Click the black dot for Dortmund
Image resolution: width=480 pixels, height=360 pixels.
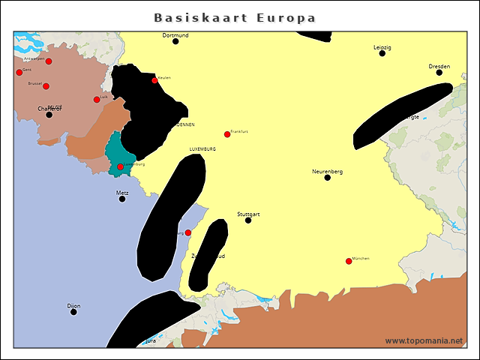point(175,41)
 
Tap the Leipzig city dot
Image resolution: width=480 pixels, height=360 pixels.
point(382,53)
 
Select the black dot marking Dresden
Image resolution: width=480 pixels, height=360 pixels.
point(439,72)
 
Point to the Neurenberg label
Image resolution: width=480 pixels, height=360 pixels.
point(327,172)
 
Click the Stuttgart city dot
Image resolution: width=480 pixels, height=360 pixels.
point(248,220)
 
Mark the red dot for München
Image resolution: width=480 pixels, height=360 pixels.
point(348,261)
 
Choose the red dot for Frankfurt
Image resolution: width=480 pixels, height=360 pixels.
point(227,134)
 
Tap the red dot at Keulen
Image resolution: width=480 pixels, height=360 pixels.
point(154,80)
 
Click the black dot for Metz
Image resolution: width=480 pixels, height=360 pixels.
point(122,199)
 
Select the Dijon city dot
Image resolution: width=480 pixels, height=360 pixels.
point(73,311)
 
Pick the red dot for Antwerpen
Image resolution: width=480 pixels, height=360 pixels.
point(49,61)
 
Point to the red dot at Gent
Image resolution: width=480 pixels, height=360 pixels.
point(19,72)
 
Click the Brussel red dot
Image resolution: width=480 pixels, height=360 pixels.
point(46,86)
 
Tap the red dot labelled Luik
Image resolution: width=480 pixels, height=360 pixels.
point(97,99)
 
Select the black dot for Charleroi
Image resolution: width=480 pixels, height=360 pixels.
point(49,115)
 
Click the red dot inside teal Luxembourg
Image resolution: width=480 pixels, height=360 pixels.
point(120,166)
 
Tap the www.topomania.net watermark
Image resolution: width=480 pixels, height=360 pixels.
point(424,340)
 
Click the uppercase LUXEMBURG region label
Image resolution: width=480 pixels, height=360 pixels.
point(202,149)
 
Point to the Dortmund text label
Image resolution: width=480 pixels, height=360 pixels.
point(175,35)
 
